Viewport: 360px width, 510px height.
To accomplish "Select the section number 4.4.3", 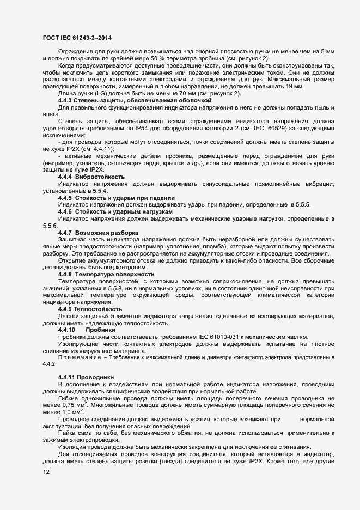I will [x=66, y=101].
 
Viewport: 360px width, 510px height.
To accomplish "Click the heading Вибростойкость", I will [x=100, y=178].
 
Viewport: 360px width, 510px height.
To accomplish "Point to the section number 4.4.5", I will [x=66, y=197].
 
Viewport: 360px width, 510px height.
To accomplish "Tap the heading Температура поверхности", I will [x=115, y=274].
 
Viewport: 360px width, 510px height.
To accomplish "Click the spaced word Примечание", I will [x=79, y=357].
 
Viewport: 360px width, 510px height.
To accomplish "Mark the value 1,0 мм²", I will [x=70, y=414].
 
